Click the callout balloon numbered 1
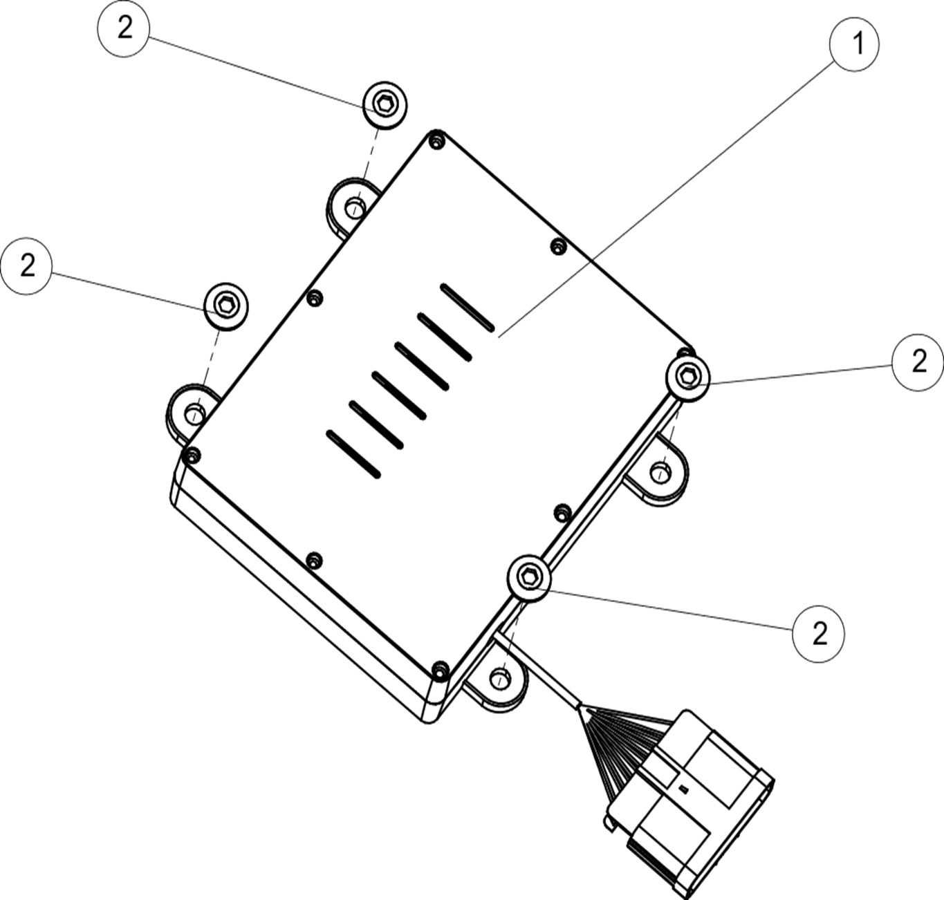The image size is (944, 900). click(x=854, y=44)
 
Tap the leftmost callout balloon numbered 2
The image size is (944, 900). click(x=26, y=266)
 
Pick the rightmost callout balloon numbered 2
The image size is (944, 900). click(x=918, y=362)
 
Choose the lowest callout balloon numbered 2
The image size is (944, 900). click(x=818, y=634)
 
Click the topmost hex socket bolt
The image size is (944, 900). click(x=385, y=104)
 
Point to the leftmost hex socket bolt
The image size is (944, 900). click(x=225, y=306)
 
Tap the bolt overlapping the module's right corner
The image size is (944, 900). click(x=687, y=377)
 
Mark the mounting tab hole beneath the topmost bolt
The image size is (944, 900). click(x=355, y=208)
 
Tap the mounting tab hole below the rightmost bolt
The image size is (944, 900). click(x=660, y=472)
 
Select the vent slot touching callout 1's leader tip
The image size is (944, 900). click(x=468, y=308)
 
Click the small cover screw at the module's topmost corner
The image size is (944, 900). click(x=436, y=140)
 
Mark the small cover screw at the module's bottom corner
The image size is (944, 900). click(x=440, y=668)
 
